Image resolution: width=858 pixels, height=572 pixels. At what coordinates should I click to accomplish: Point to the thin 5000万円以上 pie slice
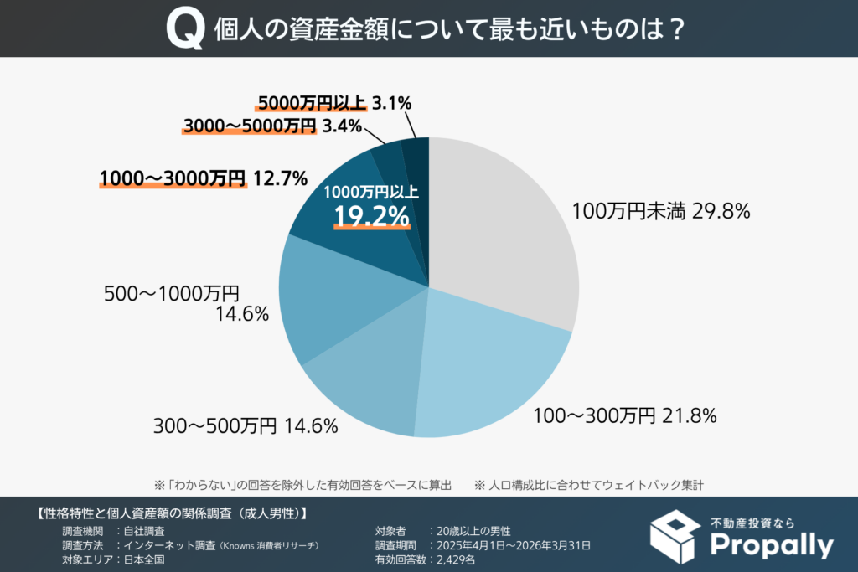point(416,155)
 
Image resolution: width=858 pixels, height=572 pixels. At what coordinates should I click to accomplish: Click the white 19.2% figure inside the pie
point(372,216)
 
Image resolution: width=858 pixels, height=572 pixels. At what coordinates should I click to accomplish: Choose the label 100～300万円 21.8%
point(624,415)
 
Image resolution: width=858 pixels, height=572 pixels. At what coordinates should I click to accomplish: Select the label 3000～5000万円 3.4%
point(271,126)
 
